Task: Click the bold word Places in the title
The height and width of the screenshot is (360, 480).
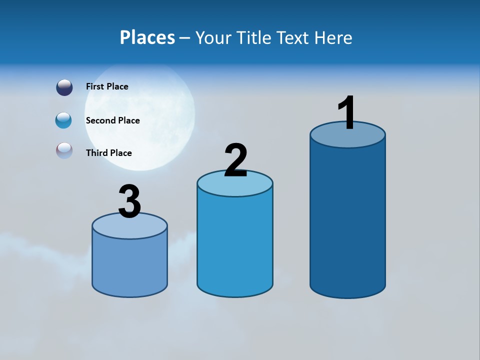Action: pyautogui.click(x=147, y=37)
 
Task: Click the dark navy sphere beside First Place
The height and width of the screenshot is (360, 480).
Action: pyautogui.click(x=64, y=87)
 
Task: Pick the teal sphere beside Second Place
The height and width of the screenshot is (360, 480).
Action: pyautogui.click(x=64, y=120)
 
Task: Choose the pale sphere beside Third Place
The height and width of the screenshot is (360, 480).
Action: pyautogui.click(x=64, y=151)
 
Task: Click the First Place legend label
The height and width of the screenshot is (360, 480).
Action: pyautogui.click(x=107, y=86)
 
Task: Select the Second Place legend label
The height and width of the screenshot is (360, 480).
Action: pyautogui.click(x=112, y=120)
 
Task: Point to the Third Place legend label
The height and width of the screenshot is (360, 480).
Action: pyautogui.click(x=108, y=153)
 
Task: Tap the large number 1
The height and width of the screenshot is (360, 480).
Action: pyautogui.click(x=347, y=113)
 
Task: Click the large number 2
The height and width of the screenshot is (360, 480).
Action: pyautogui.click(x=235, y=160)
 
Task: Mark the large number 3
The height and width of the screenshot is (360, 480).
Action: pyautogui.click(x=129, y=202)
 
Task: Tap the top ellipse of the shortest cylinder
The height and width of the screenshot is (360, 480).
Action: pyautogui.click(x=129, y=228)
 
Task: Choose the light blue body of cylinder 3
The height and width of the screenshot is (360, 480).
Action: pyautogui.click(x=129, y=265)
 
